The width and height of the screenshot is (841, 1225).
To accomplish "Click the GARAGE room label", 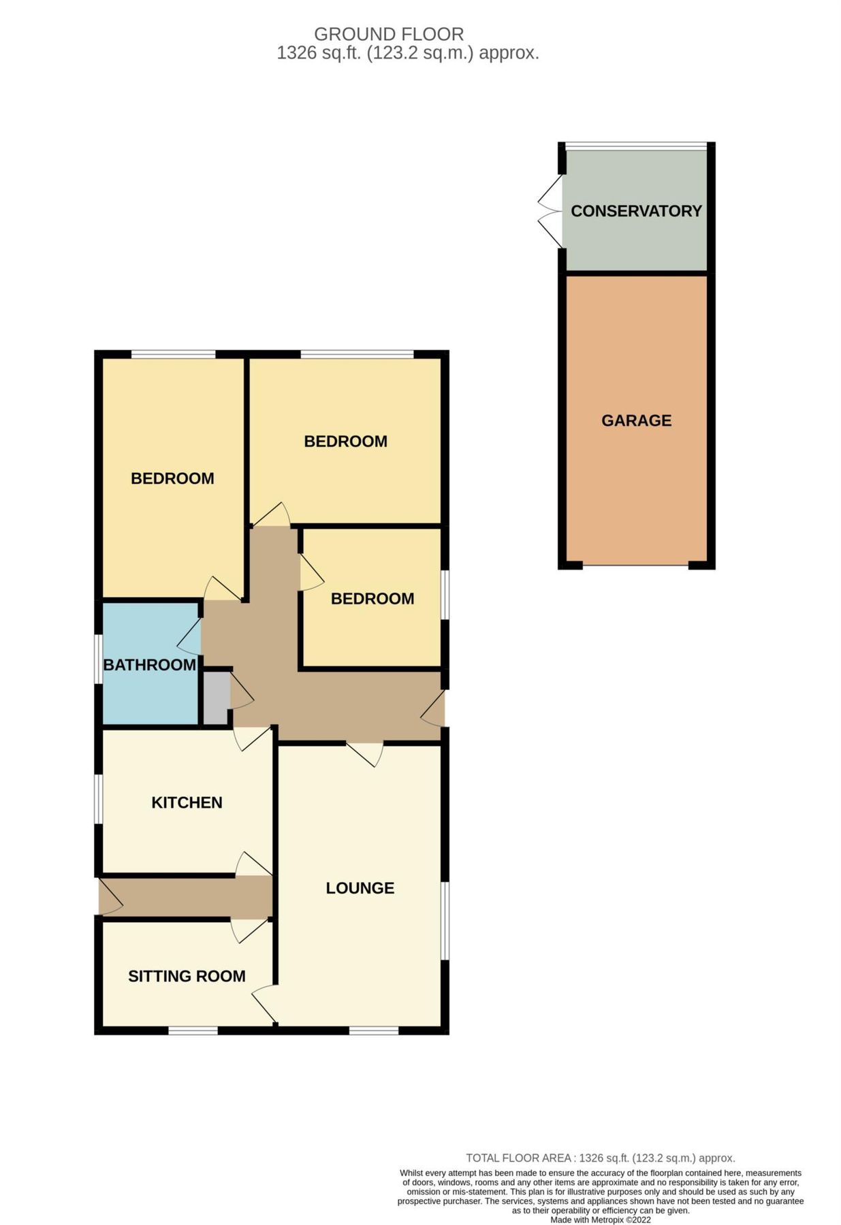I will tap(635, 421).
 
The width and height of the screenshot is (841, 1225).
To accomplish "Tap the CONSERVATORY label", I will tap(635, 211).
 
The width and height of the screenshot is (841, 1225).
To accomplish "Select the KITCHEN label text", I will tap(187, 802).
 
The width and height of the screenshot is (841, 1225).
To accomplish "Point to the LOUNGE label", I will tap(360, 888).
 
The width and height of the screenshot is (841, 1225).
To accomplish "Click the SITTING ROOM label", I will tap(187, 976).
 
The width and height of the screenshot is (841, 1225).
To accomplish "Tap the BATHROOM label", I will tap(149, 665).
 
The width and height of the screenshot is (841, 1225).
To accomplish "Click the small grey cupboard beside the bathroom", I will tap(216, 698).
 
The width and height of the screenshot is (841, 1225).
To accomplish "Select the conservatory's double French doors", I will tap(551, 211).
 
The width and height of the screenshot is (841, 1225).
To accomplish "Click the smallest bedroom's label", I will tap(372, 599).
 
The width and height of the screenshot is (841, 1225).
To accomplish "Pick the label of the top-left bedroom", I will tap(172, 478).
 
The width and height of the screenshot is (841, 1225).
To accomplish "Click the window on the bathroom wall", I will tap(98, 657).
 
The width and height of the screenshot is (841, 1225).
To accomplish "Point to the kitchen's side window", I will tap(98, 799).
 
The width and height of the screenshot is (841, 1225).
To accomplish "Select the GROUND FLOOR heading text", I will tap(388, 34).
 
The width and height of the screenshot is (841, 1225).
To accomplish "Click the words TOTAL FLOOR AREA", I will tap(519, 1158).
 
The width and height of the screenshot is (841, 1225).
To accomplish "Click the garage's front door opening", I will tap(635, 565).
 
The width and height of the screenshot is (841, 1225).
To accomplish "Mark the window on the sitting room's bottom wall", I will tap(193, 1031).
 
